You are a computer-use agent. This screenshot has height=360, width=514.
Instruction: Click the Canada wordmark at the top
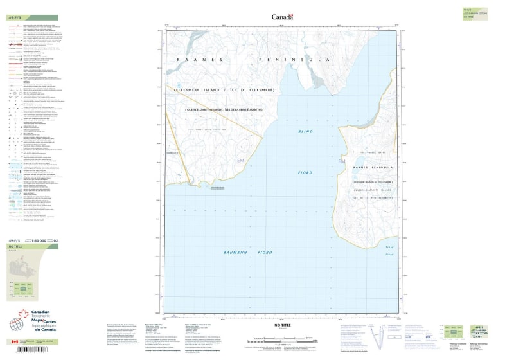pyautogui.click(x=282, y=17)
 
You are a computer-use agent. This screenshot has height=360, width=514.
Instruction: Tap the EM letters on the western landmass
pyautogui.click(x=241, y=160)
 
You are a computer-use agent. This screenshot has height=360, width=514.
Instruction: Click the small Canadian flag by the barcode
pyautogui.click(x=14, y=342)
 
